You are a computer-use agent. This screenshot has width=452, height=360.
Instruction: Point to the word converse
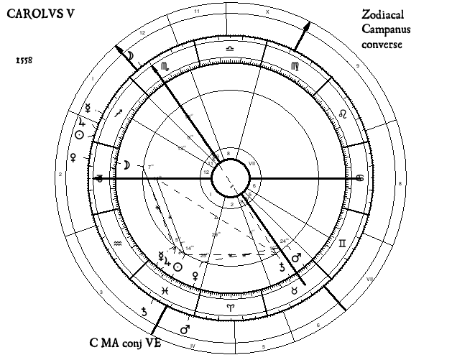click(382, 45)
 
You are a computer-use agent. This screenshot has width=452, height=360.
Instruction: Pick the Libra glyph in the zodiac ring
click(229, 48)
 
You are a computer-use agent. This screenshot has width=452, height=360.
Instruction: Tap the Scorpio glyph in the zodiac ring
click(165, 65)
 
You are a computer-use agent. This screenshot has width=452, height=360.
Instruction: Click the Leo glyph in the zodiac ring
click(343, 114)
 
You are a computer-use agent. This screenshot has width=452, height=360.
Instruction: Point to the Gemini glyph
click(343, 244)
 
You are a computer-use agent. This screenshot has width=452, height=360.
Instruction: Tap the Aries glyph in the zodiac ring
click(230, 307)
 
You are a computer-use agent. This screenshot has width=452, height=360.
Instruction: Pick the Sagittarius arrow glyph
click(119, 111)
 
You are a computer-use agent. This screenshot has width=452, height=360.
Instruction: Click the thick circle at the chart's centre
click(230, 177)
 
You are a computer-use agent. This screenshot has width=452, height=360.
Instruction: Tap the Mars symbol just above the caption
click(184, 329)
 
